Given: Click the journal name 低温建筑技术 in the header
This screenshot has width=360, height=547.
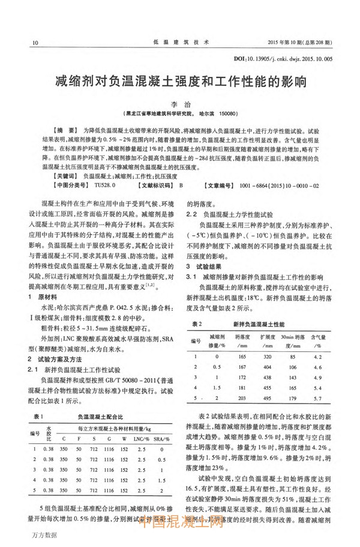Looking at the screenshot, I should point(179,43).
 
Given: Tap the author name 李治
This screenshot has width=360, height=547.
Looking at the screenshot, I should point(180,103).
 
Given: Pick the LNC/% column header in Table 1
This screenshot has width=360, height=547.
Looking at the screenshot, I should point(140,439).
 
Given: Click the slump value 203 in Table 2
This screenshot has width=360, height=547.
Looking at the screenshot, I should point(242,398).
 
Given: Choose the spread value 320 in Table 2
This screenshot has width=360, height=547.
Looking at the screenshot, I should point(266,357).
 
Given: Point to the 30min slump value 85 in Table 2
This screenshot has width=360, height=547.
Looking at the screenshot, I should point(292,357).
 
